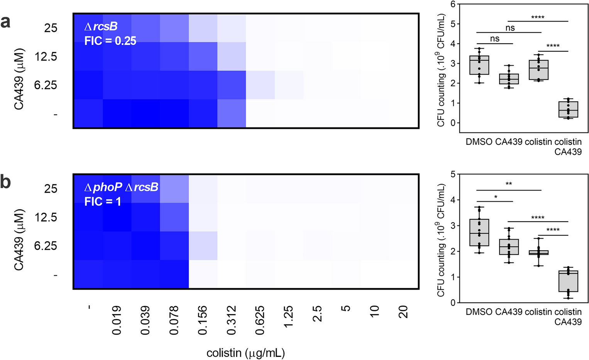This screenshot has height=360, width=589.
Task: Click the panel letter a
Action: click(5, 22)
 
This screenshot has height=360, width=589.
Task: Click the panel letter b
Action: click(6, 182)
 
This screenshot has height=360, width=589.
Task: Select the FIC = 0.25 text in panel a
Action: click(110, 41)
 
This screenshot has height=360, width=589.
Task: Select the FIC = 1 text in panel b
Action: click(103, 202)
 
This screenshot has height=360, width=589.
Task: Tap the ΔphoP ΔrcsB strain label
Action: click(121, 187)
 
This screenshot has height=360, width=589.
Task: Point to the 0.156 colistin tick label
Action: click(203, 320)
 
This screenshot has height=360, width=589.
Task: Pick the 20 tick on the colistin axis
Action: click(403, 312)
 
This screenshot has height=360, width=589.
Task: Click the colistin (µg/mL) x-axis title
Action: click(245, 353)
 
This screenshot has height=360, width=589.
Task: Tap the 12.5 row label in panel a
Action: click(46, 57)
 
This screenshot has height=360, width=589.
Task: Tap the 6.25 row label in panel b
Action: click(46, 246)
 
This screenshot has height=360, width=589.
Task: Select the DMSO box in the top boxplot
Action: click(479, 65)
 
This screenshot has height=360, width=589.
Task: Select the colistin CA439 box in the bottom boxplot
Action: click(568, 281)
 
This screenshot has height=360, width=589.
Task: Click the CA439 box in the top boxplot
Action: click(509, 79)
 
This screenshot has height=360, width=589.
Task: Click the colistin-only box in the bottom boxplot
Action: click(538, 253)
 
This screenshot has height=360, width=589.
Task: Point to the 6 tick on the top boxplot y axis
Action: click(453, 4)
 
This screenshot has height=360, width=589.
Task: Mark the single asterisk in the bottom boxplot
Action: click(496, 197)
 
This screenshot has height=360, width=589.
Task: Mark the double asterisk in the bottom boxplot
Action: click(509, 184)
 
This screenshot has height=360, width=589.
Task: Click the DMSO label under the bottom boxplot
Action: click(479, 312)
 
